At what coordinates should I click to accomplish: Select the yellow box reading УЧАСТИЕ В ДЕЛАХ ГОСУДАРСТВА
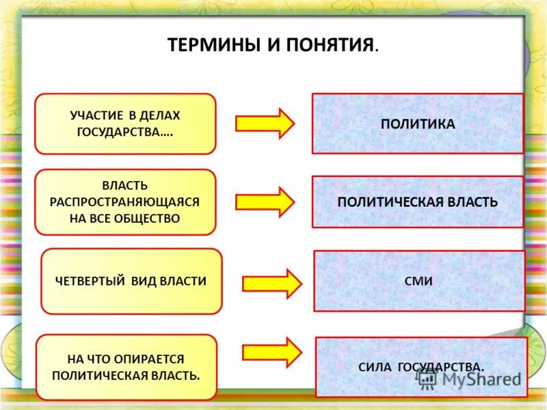click(x=125, y=124)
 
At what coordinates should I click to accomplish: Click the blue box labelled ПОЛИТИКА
click(x=418, y=124)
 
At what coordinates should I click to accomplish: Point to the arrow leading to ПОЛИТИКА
click(x=265, y=123)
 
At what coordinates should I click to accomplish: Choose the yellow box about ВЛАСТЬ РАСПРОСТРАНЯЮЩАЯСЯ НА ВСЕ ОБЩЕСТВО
click(x=125, y=202)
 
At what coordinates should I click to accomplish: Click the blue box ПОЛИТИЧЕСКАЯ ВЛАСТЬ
click(x=418, y=202)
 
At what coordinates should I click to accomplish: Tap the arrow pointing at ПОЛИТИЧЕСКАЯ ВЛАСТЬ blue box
click(x=265, y=202)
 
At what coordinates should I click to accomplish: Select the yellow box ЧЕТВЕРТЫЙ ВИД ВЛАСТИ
click(x=132, y=281)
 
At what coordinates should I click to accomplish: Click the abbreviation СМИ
click(x=418, y=281)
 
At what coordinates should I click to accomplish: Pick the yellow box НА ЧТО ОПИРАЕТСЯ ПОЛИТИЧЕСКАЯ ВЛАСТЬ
click(x=126, y=367)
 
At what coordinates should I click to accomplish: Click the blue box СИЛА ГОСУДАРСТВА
click(x=421, y=367)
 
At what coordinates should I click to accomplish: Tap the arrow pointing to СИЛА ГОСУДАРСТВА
click(x=271, y=353)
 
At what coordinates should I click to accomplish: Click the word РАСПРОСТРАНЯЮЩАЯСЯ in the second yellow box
click(x=125, y=202)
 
